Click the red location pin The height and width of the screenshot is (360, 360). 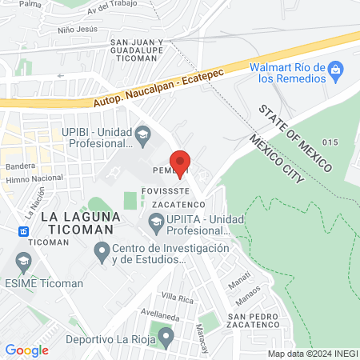pyautogui.click(x=181, y=162)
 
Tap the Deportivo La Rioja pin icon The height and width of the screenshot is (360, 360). pyautogui.click(x=166, y=338)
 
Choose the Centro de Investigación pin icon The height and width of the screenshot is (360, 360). pyautogui.click(x=102, y=254)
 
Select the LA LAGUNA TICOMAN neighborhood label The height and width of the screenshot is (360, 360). pyautogui.click(x=80, y=222)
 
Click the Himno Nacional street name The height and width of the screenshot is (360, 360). pyautogui.click(x=35, y=178)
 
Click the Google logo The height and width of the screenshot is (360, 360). pyautogui.click(x=26, y=350)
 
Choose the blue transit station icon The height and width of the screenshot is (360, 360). pyautogui.click(x=25, y=231)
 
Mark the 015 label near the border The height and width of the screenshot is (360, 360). pyautogui.click(x=333, y=142)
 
